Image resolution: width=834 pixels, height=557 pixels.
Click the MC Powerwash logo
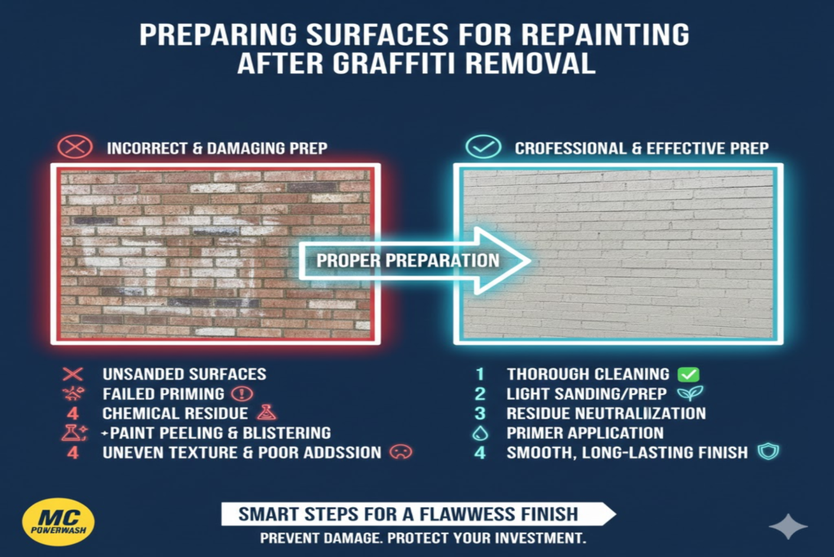tap(58, 520)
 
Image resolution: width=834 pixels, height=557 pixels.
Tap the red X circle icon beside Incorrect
tap(72, 147)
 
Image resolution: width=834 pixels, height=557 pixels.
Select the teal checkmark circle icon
tap(481, 147)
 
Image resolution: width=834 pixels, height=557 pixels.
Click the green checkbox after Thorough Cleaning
tap(688, 374)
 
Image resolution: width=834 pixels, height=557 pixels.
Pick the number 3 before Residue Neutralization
tap(480, 413)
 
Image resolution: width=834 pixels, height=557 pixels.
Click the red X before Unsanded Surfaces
tap(73, 374)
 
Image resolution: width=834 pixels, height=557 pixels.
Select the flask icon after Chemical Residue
tap(264, 413)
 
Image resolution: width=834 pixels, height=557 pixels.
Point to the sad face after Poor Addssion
tap(399, 452)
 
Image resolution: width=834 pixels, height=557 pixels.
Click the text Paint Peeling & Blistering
tap(220, 432)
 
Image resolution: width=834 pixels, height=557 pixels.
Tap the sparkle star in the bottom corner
tap(788, 527)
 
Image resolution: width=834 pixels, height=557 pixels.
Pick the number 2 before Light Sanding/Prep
tap(480, 393)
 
